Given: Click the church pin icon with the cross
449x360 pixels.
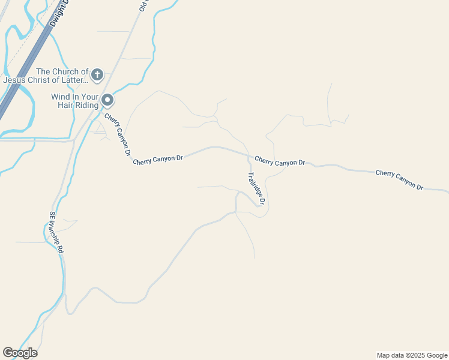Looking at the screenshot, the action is [97, 75].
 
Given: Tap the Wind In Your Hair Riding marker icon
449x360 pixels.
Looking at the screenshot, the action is [107, 100].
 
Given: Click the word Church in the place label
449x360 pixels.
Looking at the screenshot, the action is [63, 71].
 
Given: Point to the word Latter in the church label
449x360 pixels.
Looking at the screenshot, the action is [74, 80].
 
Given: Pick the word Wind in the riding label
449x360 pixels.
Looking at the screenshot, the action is [61, 96].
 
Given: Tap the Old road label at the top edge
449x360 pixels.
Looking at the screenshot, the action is [143, 5].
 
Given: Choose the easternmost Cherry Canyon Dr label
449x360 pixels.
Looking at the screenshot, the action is [400, 180].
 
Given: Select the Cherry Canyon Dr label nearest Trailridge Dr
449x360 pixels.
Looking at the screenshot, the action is [280, 161].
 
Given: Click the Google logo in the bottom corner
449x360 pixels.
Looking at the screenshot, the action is [20, 353].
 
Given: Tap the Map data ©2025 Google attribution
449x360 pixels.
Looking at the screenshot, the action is [412, 355].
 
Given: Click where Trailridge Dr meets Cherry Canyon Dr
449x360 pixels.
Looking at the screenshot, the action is [249, 157].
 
